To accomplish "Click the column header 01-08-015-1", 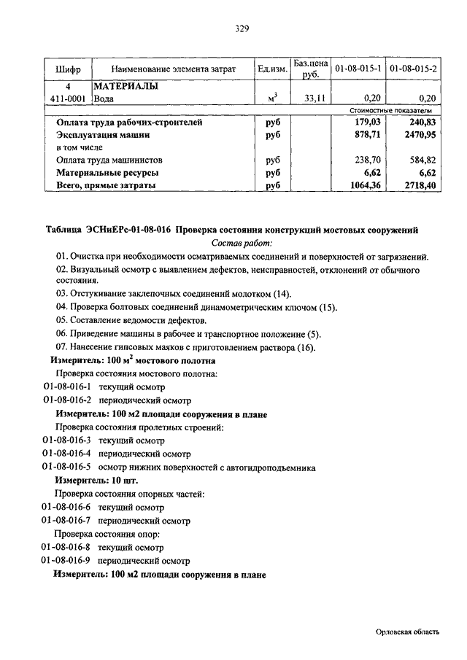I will [x=357, y=69].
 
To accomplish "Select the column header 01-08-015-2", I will [x=413, y=69].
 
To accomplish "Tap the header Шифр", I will [x=68, y=69].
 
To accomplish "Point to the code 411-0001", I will [x=68, y=98].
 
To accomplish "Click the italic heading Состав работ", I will [x=242, y=242].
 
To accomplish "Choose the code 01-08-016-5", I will [x=66, y=467].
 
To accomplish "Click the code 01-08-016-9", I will [x=66, y=561].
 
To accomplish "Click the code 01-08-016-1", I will [x=67, y=387].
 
